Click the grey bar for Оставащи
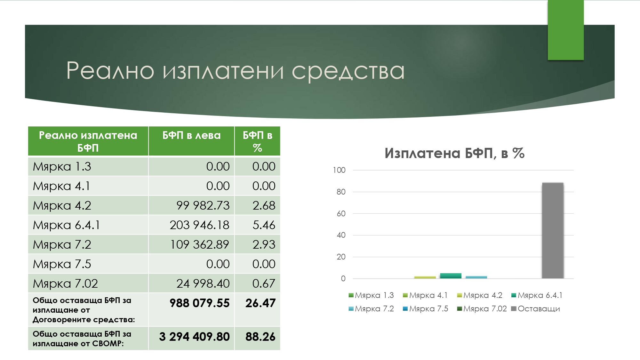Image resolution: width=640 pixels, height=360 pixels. (553, 230)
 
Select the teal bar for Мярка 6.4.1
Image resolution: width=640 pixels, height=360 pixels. (451, 276)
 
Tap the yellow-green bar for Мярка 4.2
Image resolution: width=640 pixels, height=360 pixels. (425, 277)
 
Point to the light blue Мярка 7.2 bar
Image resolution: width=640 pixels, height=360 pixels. (476, 277)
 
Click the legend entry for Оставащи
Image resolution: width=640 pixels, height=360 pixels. (536, 309)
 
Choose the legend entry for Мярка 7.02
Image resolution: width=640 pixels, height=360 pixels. (482, 309)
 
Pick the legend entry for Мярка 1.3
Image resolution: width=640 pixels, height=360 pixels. (371, 295)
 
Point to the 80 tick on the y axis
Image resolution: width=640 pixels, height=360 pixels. (341, 192)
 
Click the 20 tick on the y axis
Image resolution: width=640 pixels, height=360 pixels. (341, 257)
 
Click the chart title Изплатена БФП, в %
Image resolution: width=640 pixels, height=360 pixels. (455, 153)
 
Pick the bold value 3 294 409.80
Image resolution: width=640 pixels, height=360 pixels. (195, 337)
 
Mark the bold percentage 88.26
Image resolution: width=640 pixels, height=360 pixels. (260, 337)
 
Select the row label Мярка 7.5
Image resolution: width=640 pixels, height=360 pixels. (62, 264)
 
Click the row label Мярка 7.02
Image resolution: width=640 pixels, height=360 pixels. (65, 284)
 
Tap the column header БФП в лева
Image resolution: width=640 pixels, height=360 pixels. (191, 135)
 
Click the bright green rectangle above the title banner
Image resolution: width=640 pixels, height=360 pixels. (566, 30)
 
